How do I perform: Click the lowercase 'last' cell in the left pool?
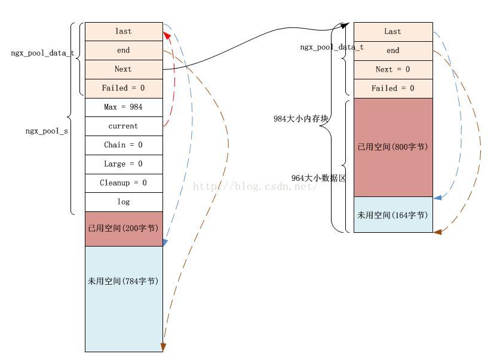click(124, 32)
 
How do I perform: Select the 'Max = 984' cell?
click(124, 107)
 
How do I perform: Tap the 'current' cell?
click(124, 127)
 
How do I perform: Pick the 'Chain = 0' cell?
click(124, 145)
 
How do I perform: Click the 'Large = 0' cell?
click(124, 164)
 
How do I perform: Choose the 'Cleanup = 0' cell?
click(124, 183)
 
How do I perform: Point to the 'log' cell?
click(124, 202)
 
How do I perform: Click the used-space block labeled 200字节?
click(124, 229)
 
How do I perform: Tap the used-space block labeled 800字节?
click(392, 147)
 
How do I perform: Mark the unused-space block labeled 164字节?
click(392, 215)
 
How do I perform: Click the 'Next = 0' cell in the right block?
click(392, 69)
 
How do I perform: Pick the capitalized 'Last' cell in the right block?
click(392, 32)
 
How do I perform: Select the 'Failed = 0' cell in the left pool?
click(124, 88)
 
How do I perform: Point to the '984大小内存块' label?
click(302, 119)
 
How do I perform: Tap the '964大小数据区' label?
click(319, 179)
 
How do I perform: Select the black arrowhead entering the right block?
click(344, 26)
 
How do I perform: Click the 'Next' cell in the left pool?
click(124, 69)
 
